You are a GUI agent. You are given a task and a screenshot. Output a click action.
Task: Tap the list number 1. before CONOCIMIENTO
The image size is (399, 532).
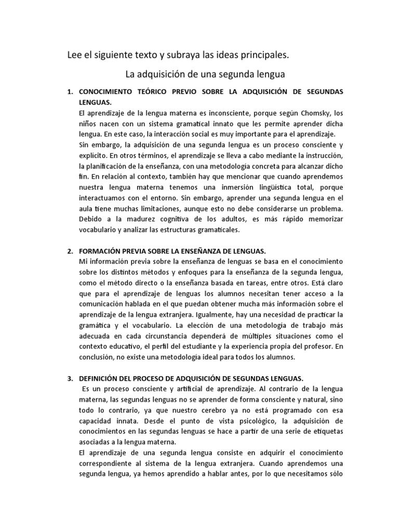click(71, 92)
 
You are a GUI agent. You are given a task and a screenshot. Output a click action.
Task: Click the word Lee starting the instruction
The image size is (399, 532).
click(76, 54)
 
